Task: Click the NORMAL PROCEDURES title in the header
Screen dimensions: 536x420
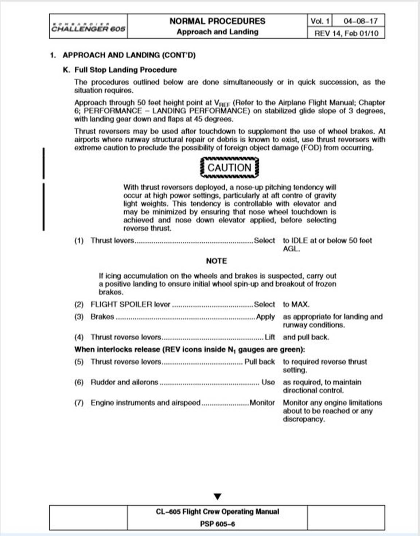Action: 217,21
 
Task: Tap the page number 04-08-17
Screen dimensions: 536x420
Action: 360,21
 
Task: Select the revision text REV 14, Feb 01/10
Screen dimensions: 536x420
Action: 346,33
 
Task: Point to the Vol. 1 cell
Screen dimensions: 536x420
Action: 320,21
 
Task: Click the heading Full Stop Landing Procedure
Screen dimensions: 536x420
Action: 125,70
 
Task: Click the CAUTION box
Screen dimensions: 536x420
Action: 229,168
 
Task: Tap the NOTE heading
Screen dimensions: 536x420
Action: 216,261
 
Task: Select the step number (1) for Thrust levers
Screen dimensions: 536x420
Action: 79,241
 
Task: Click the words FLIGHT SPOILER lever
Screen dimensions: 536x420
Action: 131,305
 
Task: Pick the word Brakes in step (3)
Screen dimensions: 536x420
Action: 102,317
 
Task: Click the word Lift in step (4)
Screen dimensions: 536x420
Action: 269,337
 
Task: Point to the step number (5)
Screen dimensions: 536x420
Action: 79,362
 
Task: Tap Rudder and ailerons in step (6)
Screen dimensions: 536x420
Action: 124,382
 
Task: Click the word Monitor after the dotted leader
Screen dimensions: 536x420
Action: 262,403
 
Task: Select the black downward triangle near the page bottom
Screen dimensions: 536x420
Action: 218,497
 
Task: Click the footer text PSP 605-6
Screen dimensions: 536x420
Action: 217,524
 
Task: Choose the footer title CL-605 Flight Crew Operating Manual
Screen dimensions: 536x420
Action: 217,512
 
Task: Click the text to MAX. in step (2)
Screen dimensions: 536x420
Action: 296,305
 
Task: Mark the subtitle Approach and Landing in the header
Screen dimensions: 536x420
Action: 217,32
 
